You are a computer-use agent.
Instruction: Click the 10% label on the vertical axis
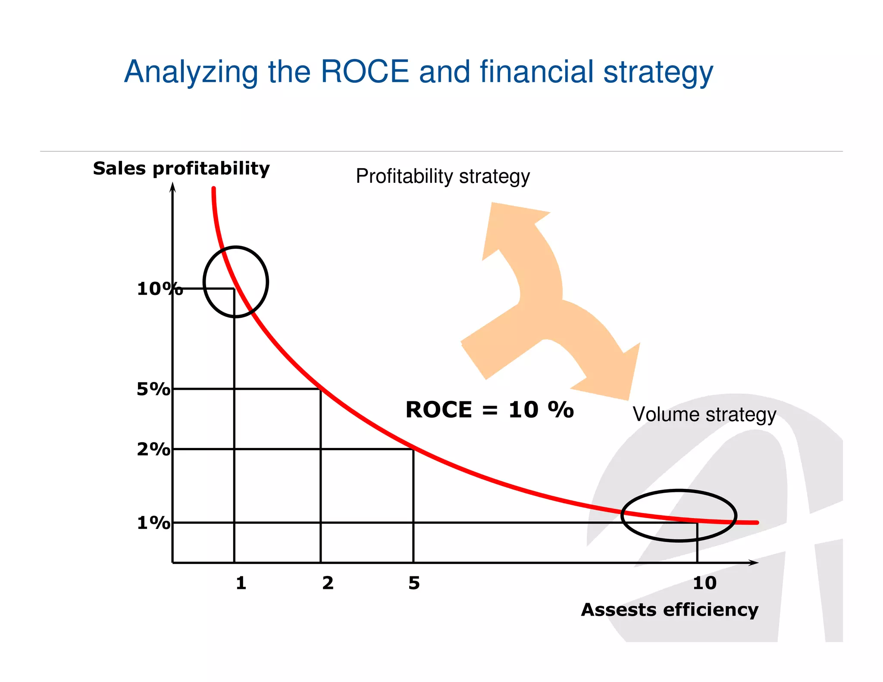[159, 289]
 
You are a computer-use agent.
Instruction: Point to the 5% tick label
[153, 389]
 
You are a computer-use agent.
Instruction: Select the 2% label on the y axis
[153, 449]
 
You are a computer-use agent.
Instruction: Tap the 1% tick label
[153, 523]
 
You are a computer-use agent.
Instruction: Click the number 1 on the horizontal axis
[241, 583]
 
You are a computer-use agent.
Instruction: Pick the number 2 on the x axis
[328, 583]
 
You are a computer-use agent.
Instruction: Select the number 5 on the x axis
[414, 583]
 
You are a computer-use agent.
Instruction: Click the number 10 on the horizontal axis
[705, 583]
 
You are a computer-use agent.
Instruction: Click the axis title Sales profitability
[181, 168]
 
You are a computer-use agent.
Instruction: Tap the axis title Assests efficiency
[669, 610]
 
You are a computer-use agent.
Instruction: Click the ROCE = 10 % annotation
[489, 410]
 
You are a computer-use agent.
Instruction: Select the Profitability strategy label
[442, 176]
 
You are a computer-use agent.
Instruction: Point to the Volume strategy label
[704, 414]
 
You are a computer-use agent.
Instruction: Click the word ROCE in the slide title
[364, 72]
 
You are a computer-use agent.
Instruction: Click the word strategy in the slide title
[658, 72]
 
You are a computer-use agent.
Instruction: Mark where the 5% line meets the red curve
[321, 389]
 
